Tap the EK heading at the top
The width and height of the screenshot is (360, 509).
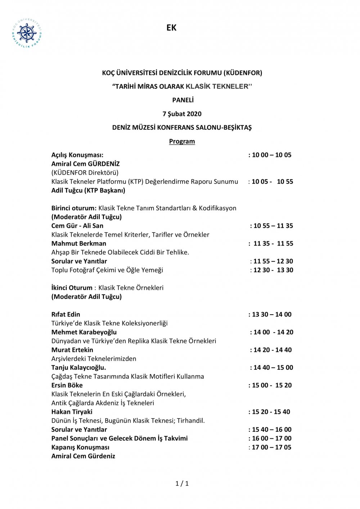(x=171, y=28)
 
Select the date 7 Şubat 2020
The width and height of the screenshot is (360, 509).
(x=182, y=114)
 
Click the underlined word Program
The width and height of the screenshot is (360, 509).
(x=182, y=141)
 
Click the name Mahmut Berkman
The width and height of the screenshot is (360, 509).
(x=78, y=244)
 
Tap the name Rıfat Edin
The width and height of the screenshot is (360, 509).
(x=66, y=314)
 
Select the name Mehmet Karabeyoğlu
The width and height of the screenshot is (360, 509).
(x=84, y=332)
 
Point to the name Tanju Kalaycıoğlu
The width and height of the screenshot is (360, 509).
(x=78, y=368)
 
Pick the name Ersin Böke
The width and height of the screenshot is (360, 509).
(x=67, y=385)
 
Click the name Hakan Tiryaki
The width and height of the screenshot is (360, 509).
(x=72, y=412)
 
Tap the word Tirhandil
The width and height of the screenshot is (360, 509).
(x=189, y=421)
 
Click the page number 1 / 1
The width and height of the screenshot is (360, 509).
(x=182, y=483)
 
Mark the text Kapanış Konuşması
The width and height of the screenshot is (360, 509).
(x=80, y=447)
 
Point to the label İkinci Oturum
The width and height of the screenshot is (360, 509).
(x=72, y=288)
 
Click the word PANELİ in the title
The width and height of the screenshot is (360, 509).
(x=183, y=100)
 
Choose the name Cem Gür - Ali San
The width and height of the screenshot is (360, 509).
(x=77, y=226)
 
